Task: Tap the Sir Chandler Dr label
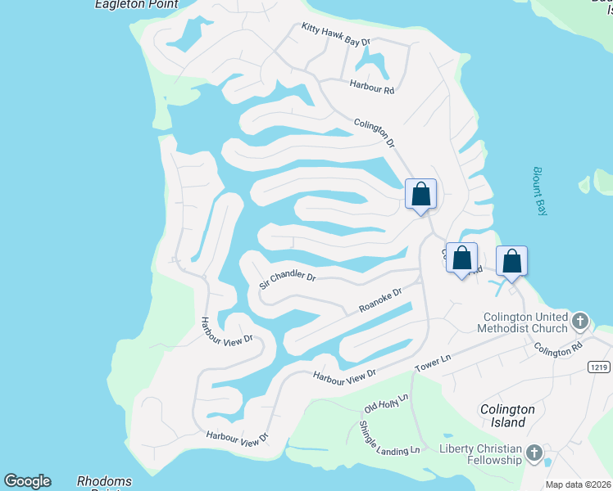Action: pos(287,281)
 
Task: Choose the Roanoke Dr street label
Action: pos(380,300)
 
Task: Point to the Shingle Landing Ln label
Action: pos(389,438)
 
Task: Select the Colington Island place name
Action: pos(508,416)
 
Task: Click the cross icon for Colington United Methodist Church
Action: pos(580,320)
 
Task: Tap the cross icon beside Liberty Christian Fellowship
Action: pos(534,453)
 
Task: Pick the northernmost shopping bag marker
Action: pos(420,194)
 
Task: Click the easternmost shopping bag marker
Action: pos(511,261)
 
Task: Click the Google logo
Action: pos(27,481)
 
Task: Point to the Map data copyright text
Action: pos(578,484)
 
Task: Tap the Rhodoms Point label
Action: pos(106,482)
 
